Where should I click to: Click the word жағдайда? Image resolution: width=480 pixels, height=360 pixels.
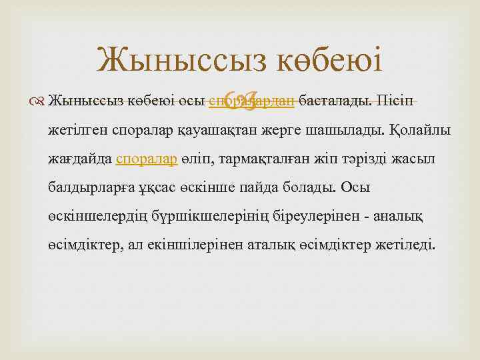click(x=79, y=159)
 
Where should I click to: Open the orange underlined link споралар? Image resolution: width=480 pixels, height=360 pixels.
click(x=147, y=159)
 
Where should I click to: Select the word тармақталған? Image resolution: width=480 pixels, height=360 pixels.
click(x=256, y=159)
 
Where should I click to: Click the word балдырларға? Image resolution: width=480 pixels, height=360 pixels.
click(x=90, y=187)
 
